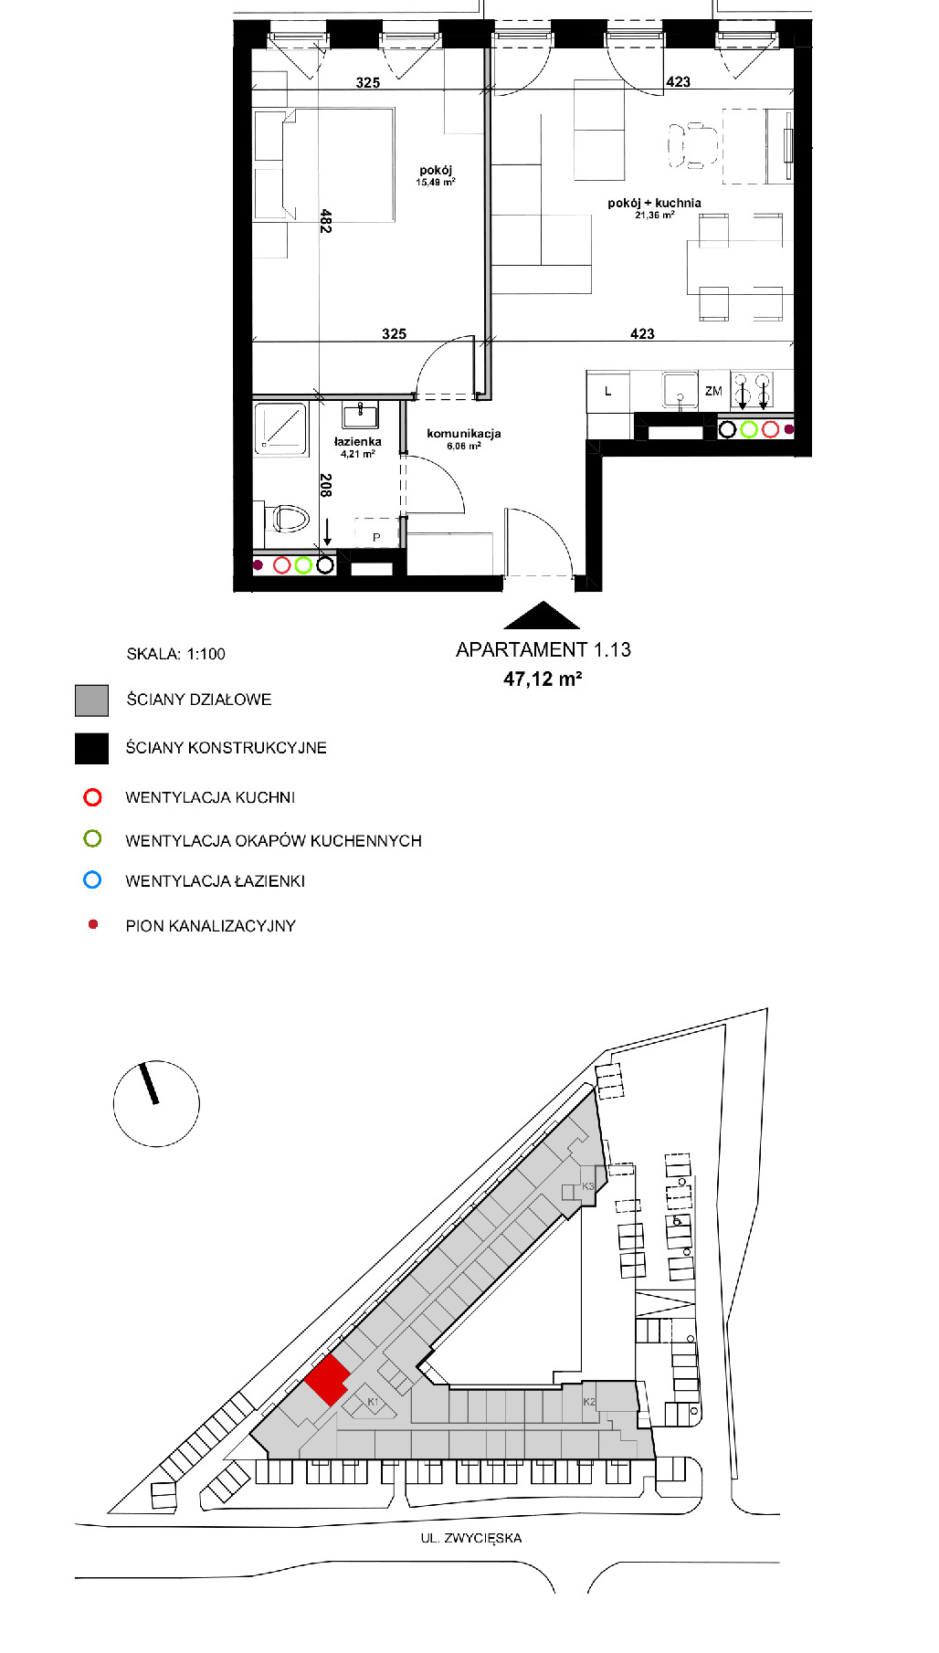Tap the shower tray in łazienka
[x=280, y=428]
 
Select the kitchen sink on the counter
[x=681, y=390]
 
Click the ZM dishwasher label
[x=713, y=391]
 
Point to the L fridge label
[x=607, y=391]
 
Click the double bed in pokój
[x=324, y=165]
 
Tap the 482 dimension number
[x=325, y=221]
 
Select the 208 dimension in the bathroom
[x=325, y=485]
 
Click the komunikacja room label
[x=464, y=434]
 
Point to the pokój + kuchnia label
[x=654, y=203]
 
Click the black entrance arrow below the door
[x=542, y=616]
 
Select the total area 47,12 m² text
[x=543, y=679]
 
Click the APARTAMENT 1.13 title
[x=543, y=649]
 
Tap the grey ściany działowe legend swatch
[x=91, y=700]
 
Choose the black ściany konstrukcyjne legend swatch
[x=91, y=748]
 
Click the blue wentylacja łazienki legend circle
[x=92, y=880]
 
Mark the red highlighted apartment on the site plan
[x=326, y=1380]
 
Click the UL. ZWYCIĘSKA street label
[x=471, y=1538]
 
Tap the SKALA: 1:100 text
[x=175, y=654]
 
